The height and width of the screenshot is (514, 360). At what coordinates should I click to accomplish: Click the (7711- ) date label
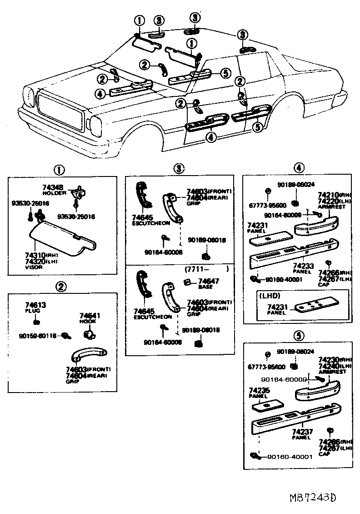[206, 269]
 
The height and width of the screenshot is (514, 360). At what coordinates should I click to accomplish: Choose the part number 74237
[301, 431]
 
